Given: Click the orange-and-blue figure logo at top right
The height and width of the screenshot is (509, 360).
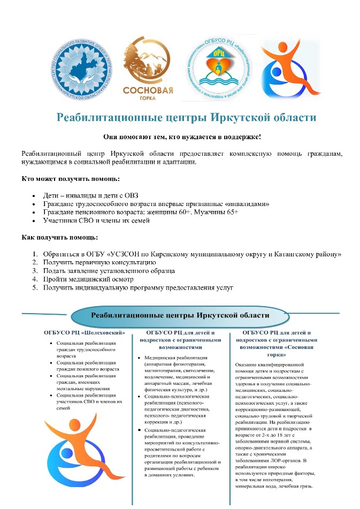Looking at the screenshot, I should pyautogui.click(x=289, y=66).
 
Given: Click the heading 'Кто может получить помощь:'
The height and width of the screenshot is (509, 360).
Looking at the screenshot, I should pyautogui.click(x=71, y=178).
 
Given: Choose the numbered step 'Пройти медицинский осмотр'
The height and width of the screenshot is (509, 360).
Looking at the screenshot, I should pyautogui.click(x=88, y=279).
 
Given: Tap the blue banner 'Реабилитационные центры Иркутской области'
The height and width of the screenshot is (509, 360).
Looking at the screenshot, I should pyautogui.click(x=179, y=315).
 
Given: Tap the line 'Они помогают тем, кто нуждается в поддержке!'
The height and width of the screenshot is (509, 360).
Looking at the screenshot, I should pyautogui.click(x=180, y=138).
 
